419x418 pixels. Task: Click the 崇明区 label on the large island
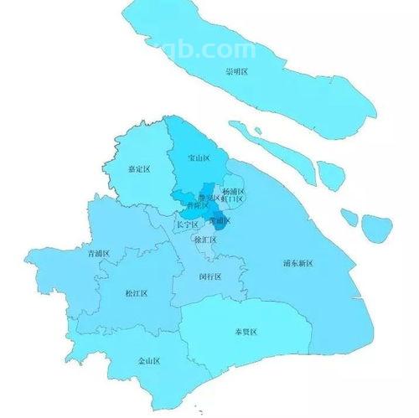(x=236, y=72)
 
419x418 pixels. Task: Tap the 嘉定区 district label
(x=138, y=169)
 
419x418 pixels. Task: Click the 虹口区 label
(x=233, y=199)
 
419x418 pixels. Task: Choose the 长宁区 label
(x=188, y=225)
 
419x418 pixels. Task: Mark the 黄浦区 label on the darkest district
(x=220, y=221)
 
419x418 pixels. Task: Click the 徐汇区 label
(x=205, y=240)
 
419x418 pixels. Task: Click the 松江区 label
(x=136, y=294)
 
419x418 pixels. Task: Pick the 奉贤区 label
(x=246, y=332)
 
